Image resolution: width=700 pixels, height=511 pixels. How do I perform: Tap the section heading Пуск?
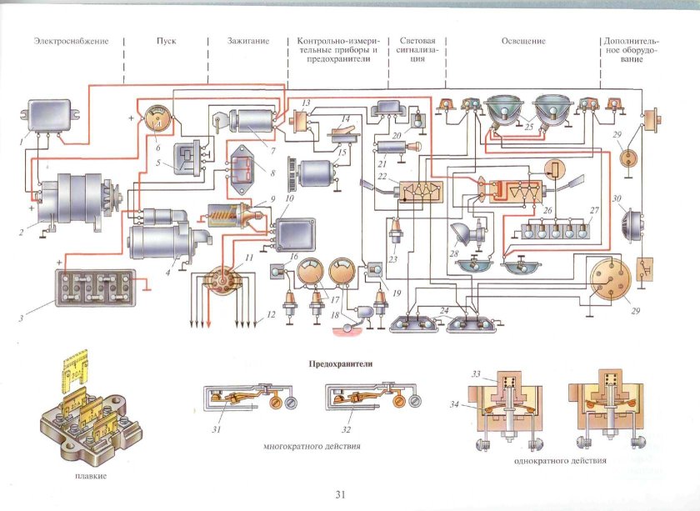click(x=166, y=41)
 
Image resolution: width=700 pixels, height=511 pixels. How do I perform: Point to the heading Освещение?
click(x=523, y=41)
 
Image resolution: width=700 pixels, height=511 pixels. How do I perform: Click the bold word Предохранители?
click(x=340, y=364)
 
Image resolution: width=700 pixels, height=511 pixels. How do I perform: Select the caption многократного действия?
click(x=311, y=447)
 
